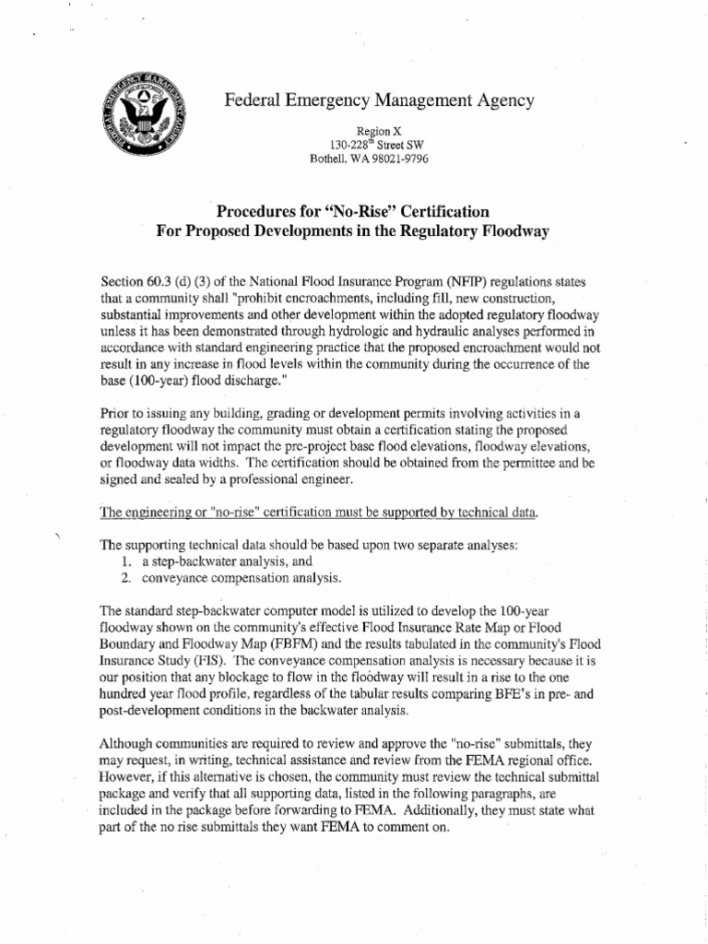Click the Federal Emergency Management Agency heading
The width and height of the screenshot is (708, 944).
pos(378,100)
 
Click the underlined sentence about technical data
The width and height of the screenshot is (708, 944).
pos(318,512)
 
